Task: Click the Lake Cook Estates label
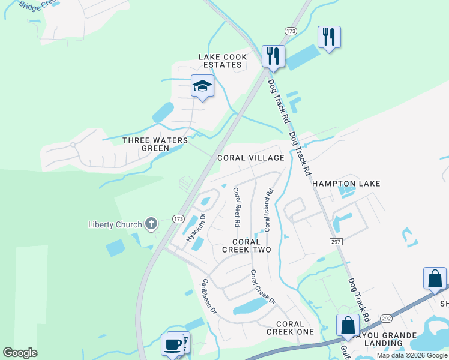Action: pyautogui.click(x=223, y=61)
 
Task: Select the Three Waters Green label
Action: pyautogui.click(x=155, y=144)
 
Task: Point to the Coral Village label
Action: pyautogui.click(x=251, y=158)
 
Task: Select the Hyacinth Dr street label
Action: pyautogui.click(x=196, y=227)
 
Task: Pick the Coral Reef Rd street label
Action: pyautogui.click(x=237, y=207)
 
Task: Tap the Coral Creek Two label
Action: pyautogui.click(x=247, y=245)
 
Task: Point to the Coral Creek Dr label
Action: pyautogui.click(x=262, y=287)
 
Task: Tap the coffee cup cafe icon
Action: pyautogui.click(x=172, y=345)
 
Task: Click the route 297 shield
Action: pyautogui.click(x=336, y=241)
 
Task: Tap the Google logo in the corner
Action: pyautogui.click(x=20, y=353)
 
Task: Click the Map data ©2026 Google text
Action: pyautogui.click(x=411, y=355)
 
